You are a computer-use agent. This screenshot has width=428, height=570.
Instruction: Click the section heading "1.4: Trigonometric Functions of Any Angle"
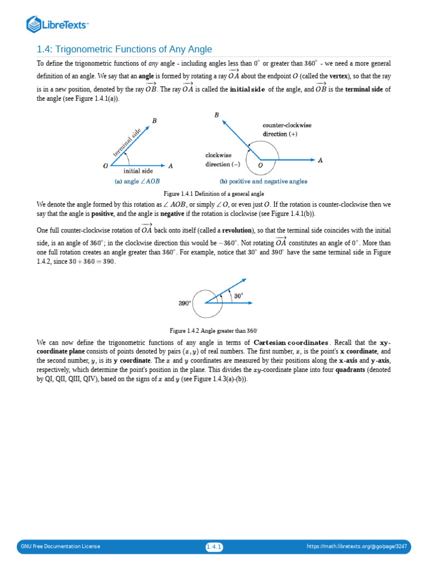tap(124, 50)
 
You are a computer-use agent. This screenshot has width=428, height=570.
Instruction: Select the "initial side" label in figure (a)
tap(138, 171)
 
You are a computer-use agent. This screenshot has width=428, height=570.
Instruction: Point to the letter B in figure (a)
tap(154, 121)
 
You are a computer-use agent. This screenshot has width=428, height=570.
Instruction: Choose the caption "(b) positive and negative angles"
tap(265, 181)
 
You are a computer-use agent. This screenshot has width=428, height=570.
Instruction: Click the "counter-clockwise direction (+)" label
tap(287, 130)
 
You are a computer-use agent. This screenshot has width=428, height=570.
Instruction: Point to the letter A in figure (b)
tap(320, 160)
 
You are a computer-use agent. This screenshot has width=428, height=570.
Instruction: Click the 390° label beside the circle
tap(184, 303)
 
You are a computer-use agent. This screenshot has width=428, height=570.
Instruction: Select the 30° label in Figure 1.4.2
tap(239, 296)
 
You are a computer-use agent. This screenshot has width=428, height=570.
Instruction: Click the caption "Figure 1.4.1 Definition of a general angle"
tap(213, 193)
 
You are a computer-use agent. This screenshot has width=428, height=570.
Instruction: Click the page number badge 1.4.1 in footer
tap(214, 546)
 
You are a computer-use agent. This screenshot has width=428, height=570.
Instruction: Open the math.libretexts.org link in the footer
tap(357, 546)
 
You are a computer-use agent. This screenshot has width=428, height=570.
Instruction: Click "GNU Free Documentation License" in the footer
tap(61, 546)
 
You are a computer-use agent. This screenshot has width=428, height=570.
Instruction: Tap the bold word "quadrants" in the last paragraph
tap(353, 370)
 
